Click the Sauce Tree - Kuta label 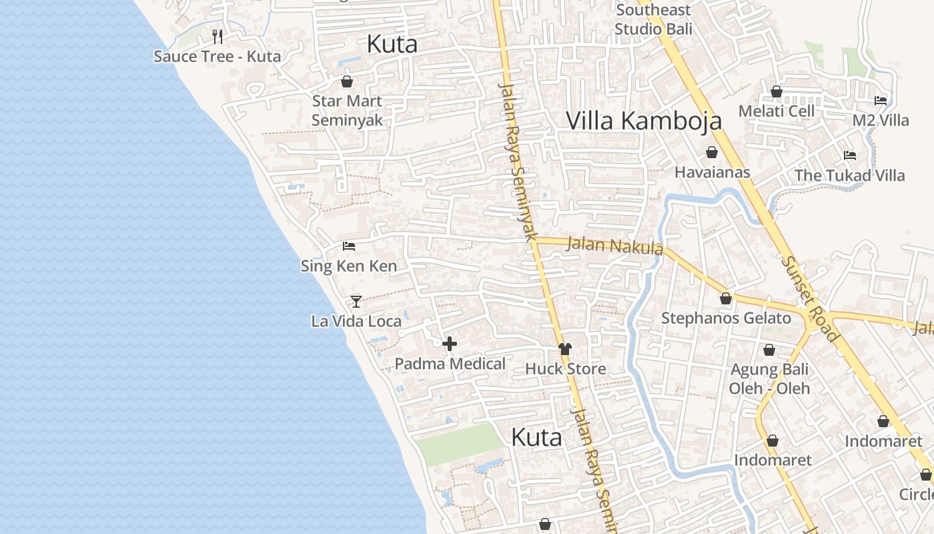pyautogui.click(x=217, y=56)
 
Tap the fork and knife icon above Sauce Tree pyautogui.click(x=217, y=36)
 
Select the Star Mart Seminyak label pyautogui.click(x=347, y=110)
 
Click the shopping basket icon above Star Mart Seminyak pyautogui.click(x=347, y=81)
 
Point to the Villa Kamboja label pyautogui.click(x=644, y=121)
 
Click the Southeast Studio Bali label pyautogui.click(x=653, y=19)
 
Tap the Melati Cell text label pyautogui.click(x=777, y=111)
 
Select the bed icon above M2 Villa pyautogui.click(x=881, y=101)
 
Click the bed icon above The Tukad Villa pyautogui.click(x=849, y=156)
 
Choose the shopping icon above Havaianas pyautogui.click(x=712, y=152)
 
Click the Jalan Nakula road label pyautogui.click(x=614, y=246)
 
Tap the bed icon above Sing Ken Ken pyautogui.click(x=349, y=246)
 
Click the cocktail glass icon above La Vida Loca pyautogui.click(x=356, y=301)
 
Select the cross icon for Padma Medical pyautogui.click(x=450, y=344)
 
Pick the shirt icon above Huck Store pyautogui.click(x=565, y=348)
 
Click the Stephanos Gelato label pyautogui.click(x=726, y=318)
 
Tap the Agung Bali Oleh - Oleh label pyautogui.click(x=769, y=378)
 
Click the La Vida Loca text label pyautogui.click(x=356, y=321)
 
